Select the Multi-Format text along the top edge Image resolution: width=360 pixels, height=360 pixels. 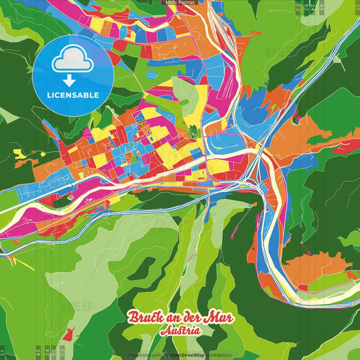coord(180,3)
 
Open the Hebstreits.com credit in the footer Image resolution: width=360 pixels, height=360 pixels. coord(144,355)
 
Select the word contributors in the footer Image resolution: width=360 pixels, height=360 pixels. coord(217,355)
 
